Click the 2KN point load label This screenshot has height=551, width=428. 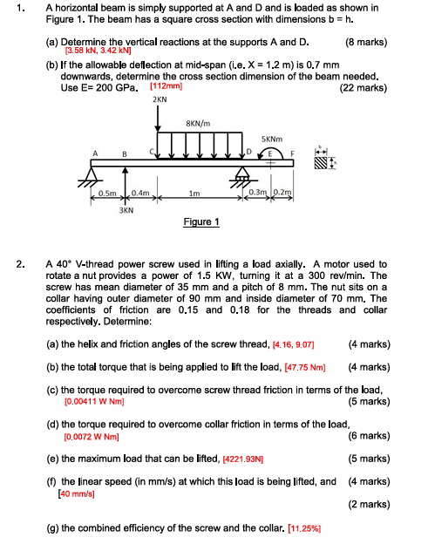point(160,100)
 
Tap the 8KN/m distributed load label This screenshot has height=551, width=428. point(198,123)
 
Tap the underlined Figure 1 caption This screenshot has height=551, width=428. point(200,222)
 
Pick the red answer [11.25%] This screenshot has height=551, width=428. point(309,529)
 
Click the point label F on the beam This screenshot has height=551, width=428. point(293,153)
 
